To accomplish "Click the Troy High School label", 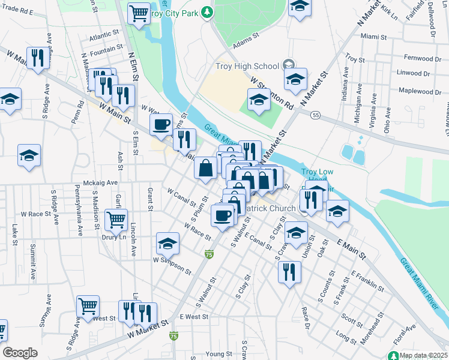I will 247,66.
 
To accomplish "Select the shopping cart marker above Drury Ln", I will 116,219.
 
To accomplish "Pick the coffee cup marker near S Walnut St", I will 223,215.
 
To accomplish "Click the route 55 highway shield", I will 316,115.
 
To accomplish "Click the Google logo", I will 20,353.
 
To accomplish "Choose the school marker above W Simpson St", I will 167,243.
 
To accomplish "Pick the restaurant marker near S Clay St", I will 289,272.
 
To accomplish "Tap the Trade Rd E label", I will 17,11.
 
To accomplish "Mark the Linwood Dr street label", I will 414,73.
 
